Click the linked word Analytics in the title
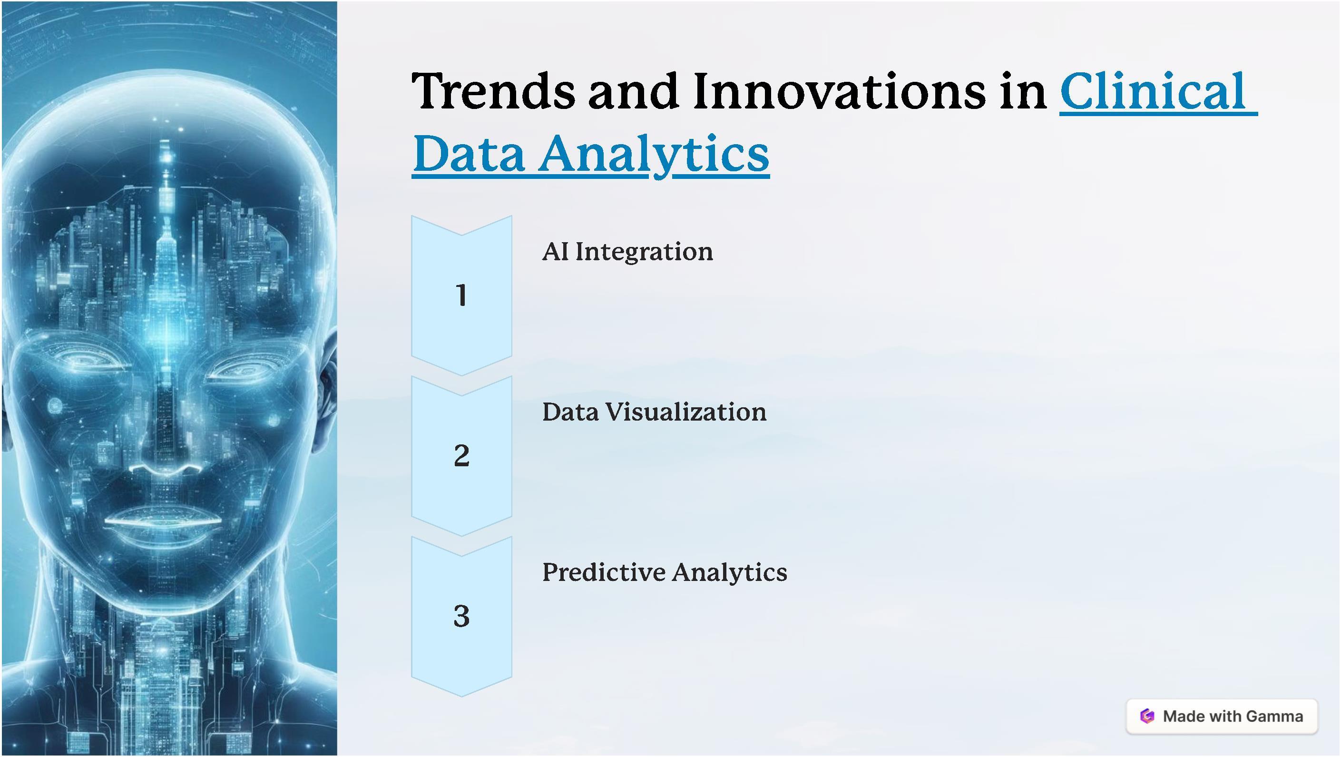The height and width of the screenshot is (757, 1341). [x=654, y=154]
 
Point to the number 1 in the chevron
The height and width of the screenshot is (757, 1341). [x=461, y=295]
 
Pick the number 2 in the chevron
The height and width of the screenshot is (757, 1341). [x=462, y=455]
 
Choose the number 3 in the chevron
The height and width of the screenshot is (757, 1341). [x=462, y=616]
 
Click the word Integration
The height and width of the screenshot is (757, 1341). [x=644, y=253]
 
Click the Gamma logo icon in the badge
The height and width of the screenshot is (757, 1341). [x=1147, y=717]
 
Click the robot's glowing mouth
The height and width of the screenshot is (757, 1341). [x=166, y=521]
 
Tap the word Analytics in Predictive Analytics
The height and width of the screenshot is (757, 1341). [x=730, y=573]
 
